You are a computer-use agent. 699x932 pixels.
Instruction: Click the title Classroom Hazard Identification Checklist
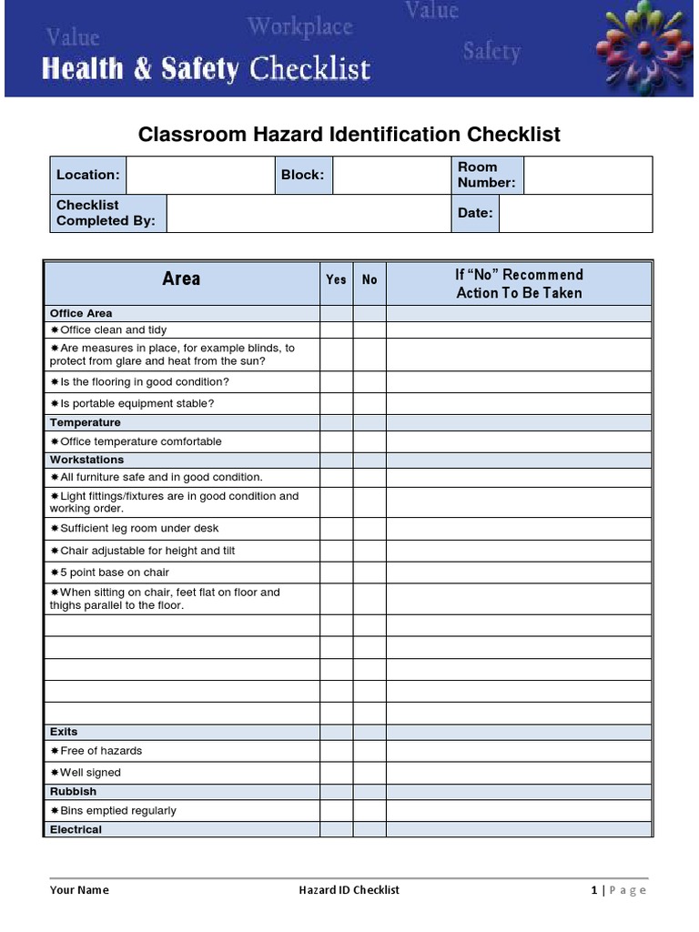point(349,135)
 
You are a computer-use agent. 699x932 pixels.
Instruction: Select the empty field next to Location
point(200,175)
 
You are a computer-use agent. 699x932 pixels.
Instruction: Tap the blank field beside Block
point(390,175)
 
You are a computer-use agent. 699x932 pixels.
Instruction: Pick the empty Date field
point(575,213)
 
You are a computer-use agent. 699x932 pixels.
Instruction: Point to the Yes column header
point(336,280)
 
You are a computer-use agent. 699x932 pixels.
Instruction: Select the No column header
point(370,280)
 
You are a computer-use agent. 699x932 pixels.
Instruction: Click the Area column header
point(181,279)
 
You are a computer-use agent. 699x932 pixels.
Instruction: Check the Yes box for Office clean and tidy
point(336,330)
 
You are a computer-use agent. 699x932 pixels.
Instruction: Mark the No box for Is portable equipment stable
point(370,403)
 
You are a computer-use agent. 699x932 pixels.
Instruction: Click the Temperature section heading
point(86,422)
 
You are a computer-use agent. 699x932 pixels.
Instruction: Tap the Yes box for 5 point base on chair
point(336,572)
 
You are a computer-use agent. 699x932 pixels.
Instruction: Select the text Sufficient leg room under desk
point(138,528)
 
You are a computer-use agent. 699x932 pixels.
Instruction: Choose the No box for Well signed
point(370,773)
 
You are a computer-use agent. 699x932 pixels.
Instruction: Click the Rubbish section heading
point(73,792)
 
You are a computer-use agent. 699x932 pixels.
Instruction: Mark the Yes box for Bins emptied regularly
point(336,811)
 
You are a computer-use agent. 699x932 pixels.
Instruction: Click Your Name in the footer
point(79,890)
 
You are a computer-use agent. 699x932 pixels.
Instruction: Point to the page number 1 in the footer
point(594,890)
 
